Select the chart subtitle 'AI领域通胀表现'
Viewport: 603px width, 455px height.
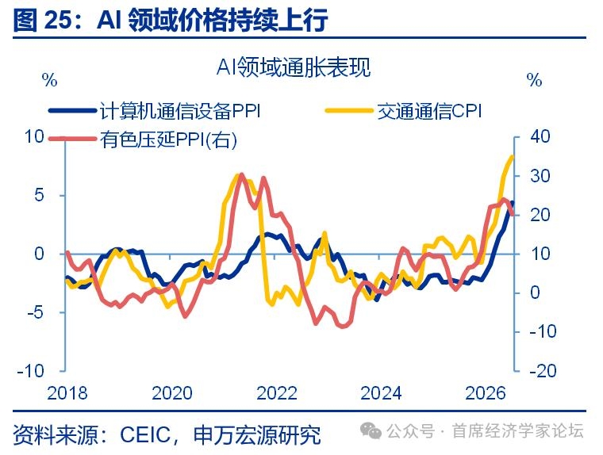294,67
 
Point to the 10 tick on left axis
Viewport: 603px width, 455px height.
34,136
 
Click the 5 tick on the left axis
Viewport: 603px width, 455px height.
39,195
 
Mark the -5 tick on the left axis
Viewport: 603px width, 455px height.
36,312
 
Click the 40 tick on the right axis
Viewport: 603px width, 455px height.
540,136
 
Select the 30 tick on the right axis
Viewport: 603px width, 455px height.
540,176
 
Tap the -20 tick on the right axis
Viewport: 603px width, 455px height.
543,371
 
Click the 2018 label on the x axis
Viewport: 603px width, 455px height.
67,393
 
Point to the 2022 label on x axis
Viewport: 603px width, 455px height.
276,393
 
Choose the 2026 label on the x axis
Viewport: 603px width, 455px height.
486,393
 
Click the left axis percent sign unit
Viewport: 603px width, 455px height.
50,80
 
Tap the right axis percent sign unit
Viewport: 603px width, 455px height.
534,80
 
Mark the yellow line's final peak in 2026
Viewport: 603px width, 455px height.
513,156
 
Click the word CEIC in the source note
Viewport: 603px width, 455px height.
145,435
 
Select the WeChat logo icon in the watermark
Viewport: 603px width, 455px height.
371,430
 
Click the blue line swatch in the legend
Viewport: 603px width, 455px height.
72,111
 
